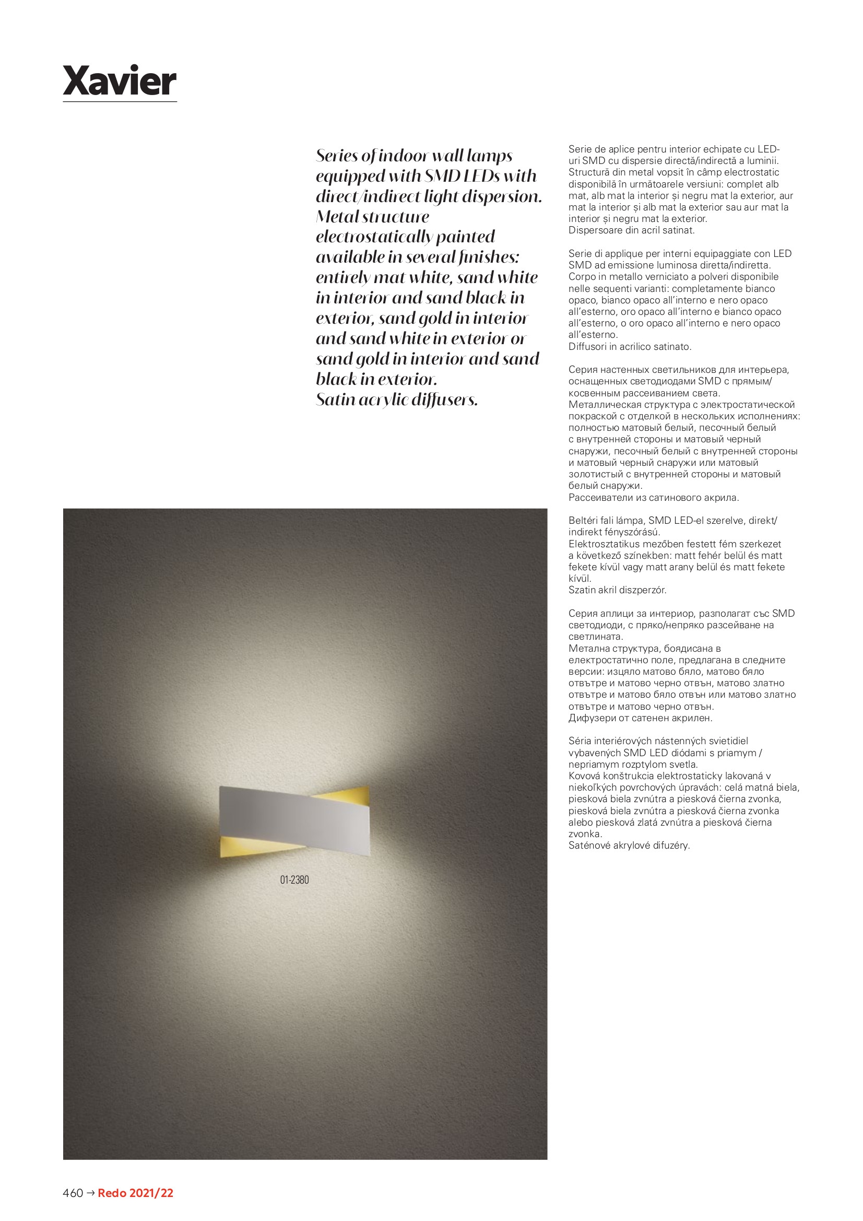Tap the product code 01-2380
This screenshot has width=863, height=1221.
[x=294, y=879]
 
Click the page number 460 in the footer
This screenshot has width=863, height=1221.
[x=73, y=1193]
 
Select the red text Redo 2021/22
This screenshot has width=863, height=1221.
[x=136, y=1193]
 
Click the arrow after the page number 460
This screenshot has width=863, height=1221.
[x=90, y=1193]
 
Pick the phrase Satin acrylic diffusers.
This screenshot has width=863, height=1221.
[x=397, y=400]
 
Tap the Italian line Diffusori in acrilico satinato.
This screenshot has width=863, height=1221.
[x=630, y=347]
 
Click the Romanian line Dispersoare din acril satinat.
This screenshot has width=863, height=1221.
[x=631, y=230]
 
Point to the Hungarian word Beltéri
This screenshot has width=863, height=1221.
[x=583, y=521]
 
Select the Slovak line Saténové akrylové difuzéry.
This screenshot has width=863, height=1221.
[x=629, y=845]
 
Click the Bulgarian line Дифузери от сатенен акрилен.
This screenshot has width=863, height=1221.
[x=640, y=718]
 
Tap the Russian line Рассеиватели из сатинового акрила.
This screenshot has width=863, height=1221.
[x=654, y=498]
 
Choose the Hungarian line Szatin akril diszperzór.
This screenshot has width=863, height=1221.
[x=617, y=590]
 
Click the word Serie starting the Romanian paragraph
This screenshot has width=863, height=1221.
[x=580, y=149]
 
